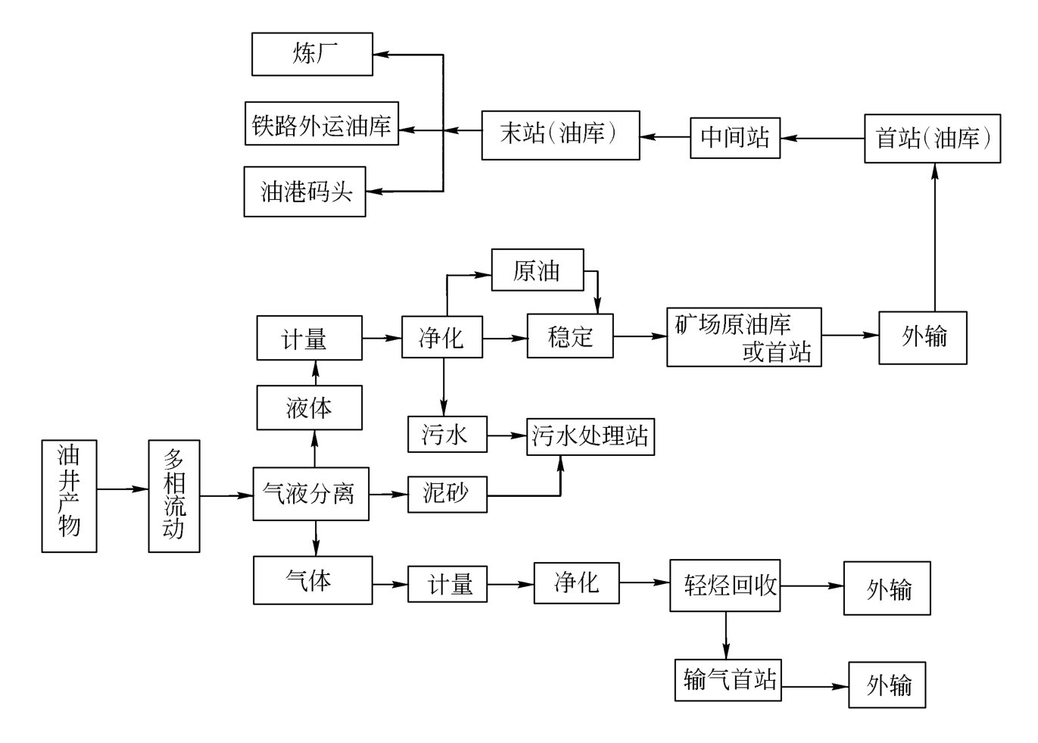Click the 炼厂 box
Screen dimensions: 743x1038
pyautogui.click(x=312, y=54)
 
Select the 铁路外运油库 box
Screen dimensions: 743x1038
pyautogui.click(x=322, y=123)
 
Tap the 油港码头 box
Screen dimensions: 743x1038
pyautogui.click(x=304, y=192)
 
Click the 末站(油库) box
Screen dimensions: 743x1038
pyautogui.click(x=560, y=136)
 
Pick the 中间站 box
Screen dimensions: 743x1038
pyautogui.click(x=734, y=137)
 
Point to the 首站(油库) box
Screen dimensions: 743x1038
pyautogui.click(x=932, y=139)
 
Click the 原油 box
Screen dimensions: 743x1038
pyautogui.click(x=538, y=270)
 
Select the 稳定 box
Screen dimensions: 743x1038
pyautogui.click(x=570, y=336)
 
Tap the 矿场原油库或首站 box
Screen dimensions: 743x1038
pyautogui.click(x=743, y=337)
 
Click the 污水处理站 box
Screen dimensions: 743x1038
pyautogui.click(x=591, y=435)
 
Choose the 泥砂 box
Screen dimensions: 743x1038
pyautogui.click(x=447, y=494)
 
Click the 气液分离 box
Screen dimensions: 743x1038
pyautogui.click(x=310, y=494)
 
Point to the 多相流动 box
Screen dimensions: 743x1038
pyautogui.click(x=174, y=496)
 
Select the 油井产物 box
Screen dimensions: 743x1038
pyautogui.click(x=69, y=496)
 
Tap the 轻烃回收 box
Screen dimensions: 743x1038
pyautogui.click(x=725, y=585)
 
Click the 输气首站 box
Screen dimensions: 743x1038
pyautogui.click(x=728, y=679)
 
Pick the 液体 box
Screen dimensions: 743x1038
pyautogui.click(x=309, y=407)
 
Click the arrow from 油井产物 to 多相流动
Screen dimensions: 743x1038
pyautogui.click(x=123, y=489)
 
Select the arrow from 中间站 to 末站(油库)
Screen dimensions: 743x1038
pyautogui.click(x=665, y=137)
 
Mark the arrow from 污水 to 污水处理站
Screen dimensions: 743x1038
pyautogui.click(x=507, y=435)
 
